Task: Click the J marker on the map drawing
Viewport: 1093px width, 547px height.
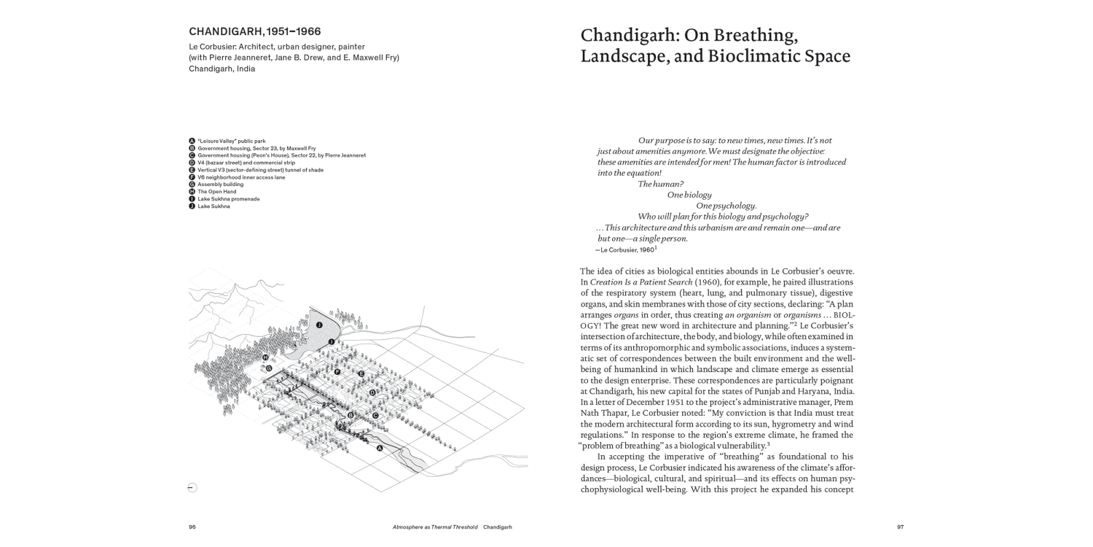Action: pyautogui.click(x=319, y=323)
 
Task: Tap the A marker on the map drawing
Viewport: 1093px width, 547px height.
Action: pyautogui.click(x=380, y=449)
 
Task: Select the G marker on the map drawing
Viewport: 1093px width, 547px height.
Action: pyautogui.click(x=269, y=368)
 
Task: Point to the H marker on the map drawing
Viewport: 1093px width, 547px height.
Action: pyautogui.click(x=266, y=357)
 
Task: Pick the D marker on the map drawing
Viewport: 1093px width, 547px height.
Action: pyautogui.click(x=372, y=392)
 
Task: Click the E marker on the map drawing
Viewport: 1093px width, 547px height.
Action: pyautogui.click(x=361, y=373)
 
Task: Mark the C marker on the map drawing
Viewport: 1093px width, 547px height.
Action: pyautogui.click(x=375, y=416)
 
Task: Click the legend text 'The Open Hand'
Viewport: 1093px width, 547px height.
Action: pyautogui.click(x=216, y=192)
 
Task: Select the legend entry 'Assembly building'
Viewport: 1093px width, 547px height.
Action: pyautogui.click(x=220, y=185)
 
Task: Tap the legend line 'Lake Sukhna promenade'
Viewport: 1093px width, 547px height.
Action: pyautogui.click(x=228, y=199)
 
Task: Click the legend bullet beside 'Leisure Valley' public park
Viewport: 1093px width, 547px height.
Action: pyautogui.click(x=192, y=141)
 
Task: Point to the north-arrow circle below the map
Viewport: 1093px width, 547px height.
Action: pyautogui.click(x=192, y=488)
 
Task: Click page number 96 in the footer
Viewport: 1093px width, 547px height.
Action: pyautogui.click(x=192, y=527)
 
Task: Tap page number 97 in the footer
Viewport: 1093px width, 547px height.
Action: pyautogui.click(x=900, y=527)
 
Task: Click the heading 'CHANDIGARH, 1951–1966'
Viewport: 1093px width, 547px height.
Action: pyautogui.click(x=255, y=32)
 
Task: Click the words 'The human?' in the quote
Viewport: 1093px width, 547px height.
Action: pyautogui.click(x=661, y=184)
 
